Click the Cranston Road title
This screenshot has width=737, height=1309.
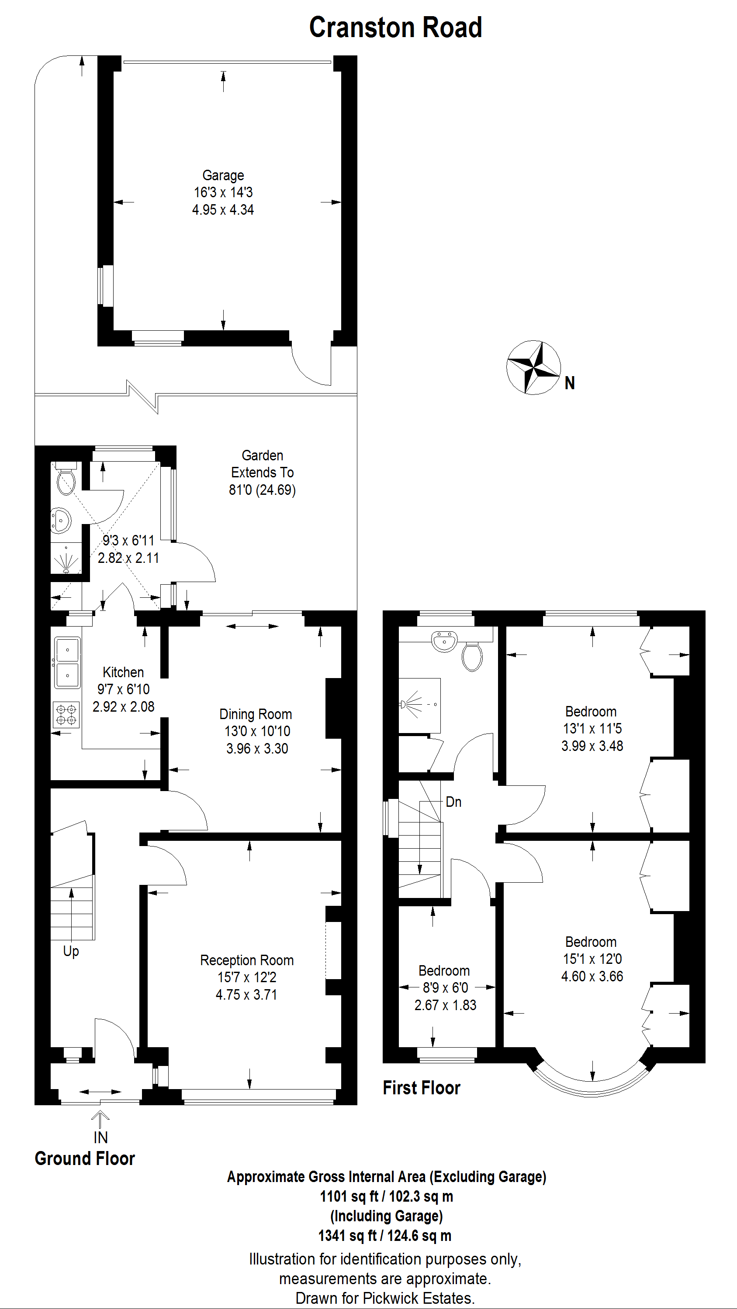click(x=395, y=27)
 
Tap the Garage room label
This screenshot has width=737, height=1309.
click(x=223, y=175)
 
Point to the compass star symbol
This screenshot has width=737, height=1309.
click(x=533, y=367)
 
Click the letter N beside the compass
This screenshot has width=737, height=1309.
click(x=570, y=383)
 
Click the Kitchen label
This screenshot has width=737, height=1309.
click(x=123, y=672)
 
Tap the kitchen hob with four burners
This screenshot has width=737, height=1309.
click(x=66, y=714)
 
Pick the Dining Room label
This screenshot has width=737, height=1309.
click(x=255, y=714)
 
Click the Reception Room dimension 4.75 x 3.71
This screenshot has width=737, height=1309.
click(x=247, y=994)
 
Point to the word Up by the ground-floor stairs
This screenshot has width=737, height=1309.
click(x=71, y=951)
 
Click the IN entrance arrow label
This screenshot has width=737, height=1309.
click(x=101, y=1137)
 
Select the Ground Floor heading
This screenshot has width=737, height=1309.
click(x=85, y=1159)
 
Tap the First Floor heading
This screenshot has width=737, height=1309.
click(x=422, y=1088)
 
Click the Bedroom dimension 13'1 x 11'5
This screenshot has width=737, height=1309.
click(x=592, y=729)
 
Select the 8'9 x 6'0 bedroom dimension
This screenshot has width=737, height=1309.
click(x=446, y=987)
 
